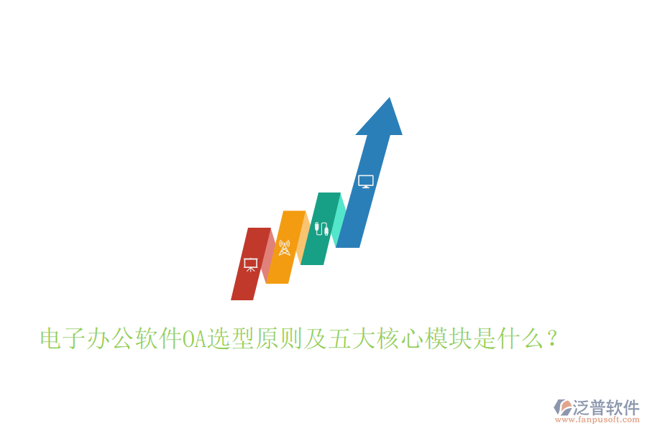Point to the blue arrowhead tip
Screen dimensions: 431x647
389,101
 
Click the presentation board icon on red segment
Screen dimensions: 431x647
250,264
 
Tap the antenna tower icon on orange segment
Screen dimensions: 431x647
284,248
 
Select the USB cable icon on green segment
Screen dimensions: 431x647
321,230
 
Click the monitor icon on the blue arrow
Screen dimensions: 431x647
366,182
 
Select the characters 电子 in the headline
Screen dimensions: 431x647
62,338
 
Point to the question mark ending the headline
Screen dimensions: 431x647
551,338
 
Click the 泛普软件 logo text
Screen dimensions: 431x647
605,407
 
